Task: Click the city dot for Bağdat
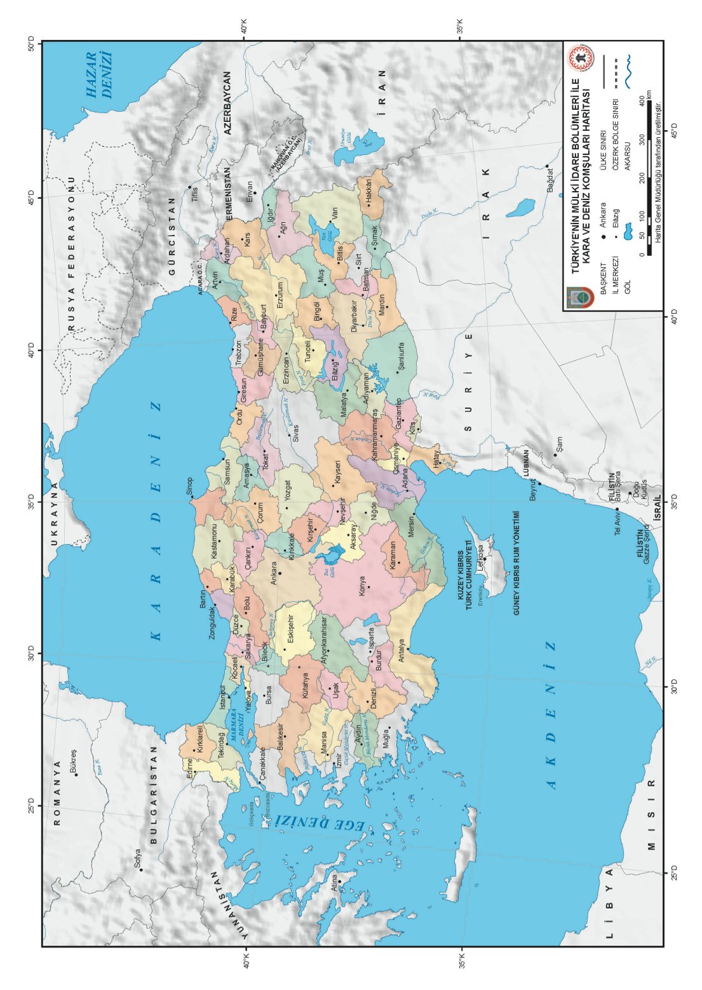[x=547, y=166]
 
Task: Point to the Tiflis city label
[x=194, y=194]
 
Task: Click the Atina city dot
[x=339, y=881]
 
